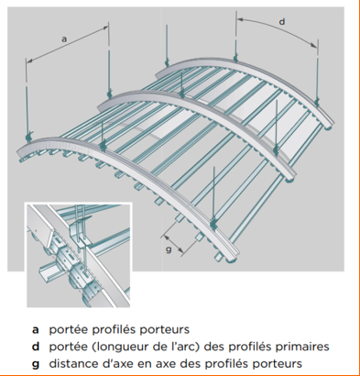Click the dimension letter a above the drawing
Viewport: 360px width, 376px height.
pyautogui.click(x=64, y=39)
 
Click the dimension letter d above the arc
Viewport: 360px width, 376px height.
pyautogui.click(x=282, y=22)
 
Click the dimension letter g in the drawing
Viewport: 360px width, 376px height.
pyautogui.click(x=169, y=249)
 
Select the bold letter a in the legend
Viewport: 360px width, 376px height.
pyautogui.click(x=36, y=330)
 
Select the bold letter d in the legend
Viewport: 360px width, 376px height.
pyautogui.click(x=36, y=347)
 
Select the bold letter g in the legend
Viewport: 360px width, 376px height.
pyautogui.click(x=36, y=364)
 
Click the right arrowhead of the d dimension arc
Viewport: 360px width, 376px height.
pyautogui.click(x=314, y=45)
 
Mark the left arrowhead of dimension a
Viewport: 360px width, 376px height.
pyautogui.click(x=29, y=61)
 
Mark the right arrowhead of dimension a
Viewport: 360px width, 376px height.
pyautogui.click(x=105, y=28)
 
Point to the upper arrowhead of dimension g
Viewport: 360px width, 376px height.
pyautogui.click(x=167, y=237)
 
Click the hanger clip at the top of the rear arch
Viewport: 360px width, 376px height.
pyautogui.click(x=235, y=58)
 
